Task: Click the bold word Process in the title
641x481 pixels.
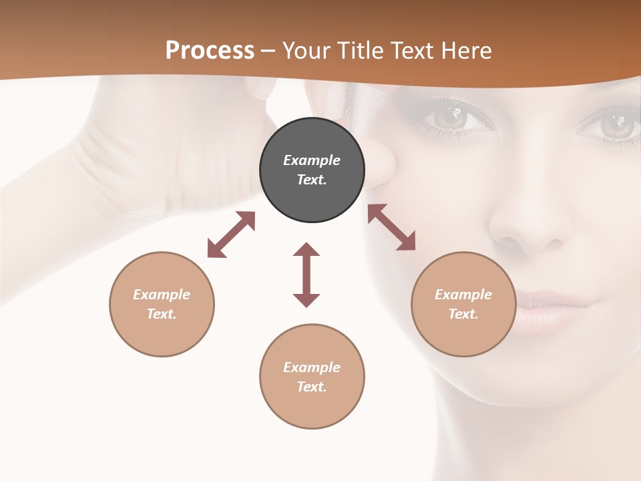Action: [210, 51]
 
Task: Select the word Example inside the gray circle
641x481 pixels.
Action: [312, 160]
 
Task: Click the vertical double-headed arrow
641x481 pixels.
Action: [306, 275]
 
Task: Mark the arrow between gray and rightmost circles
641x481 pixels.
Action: [391, 227]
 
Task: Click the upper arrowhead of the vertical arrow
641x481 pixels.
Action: [306, 249]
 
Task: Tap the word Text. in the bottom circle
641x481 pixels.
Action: [312, 387]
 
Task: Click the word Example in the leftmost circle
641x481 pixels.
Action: [162, 295]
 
